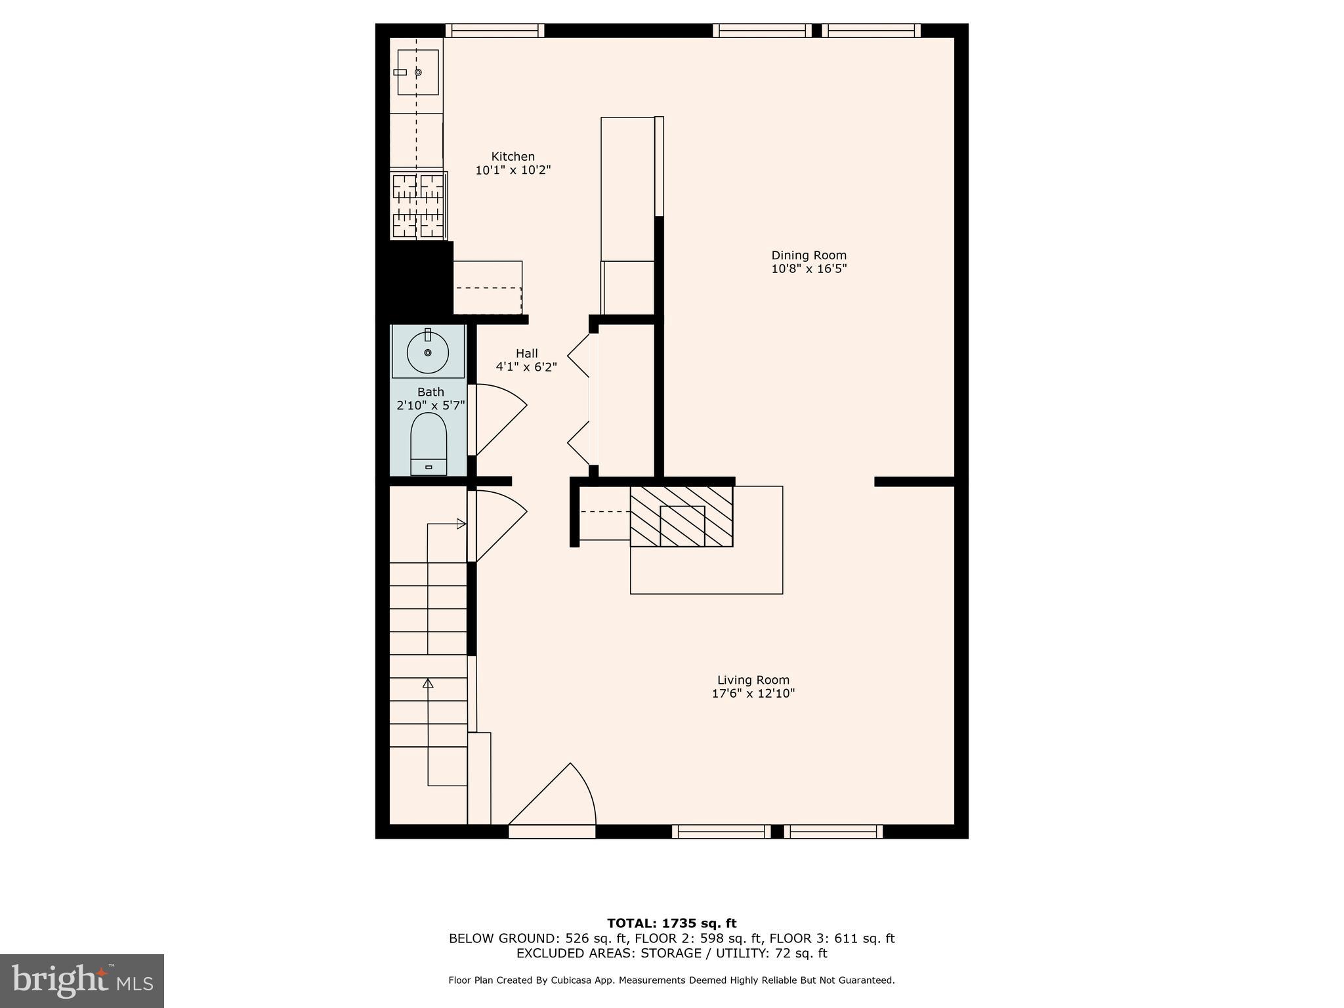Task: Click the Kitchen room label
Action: click(513, 157)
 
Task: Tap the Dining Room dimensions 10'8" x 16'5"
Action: click(808, 268)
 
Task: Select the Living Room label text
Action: click(753, 680)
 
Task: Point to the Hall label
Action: click(526, 354)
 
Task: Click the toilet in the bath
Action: click(429, 443)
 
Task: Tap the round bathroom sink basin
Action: click(428, 352)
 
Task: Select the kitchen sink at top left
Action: click(417, 72)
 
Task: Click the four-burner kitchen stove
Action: click(419, 205)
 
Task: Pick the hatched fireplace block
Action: click(681, 516)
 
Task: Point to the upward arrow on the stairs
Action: click(428, 684)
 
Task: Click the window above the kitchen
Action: click(495, 30)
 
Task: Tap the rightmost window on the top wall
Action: click(871, 30)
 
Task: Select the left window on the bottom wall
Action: click(721, 831)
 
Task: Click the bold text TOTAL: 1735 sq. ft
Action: click(671, 923)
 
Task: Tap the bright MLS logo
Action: click(82, 980)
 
